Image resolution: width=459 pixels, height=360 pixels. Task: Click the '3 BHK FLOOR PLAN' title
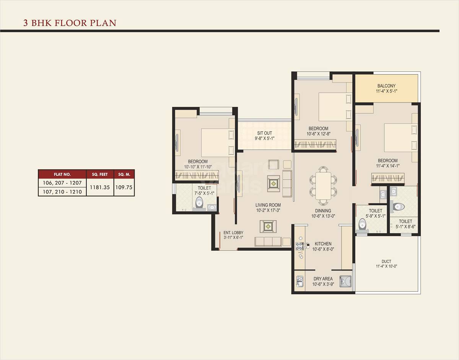tap(70, 23)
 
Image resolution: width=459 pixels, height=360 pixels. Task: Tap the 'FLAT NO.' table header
tap(62, 174)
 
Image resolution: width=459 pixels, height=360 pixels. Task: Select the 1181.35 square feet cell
tap(100, 187)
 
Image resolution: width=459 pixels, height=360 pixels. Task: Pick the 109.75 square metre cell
tap(124, 187)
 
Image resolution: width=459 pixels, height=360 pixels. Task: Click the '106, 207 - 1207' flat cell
tap(62, 183)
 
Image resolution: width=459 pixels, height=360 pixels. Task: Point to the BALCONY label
tap(386, 86)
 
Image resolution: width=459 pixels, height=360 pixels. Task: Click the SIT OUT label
tap(265, 133)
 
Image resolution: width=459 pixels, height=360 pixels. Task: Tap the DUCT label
tap(386, 261)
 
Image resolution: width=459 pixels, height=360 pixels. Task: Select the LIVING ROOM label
tap(268, 205)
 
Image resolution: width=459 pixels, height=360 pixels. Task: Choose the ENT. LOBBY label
tap(233, 233)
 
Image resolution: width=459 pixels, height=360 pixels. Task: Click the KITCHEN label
tap(323, 244)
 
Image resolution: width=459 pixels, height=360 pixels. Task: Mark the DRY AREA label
tap(323, 279)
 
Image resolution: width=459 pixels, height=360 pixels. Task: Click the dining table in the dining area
tap(323, 186)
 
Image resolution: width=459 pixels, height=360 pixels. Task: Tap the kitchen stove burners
tap(299, 246)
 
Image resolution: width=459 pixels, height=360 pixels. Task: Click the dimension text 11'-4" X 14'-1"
tap(388, 166)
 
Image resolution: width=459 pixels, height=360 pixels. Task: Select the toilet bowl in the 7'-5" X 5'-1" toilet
tap(198, 203)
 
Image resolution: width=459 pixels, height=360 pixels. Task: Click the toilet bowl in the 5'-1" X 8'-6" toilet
tap(398, 207)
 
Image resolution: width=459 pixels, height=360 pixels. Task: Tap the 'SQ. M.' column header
tap(124, 174)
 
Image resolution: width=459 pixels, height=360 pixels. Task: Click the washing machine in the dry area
tap(346, 282)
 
